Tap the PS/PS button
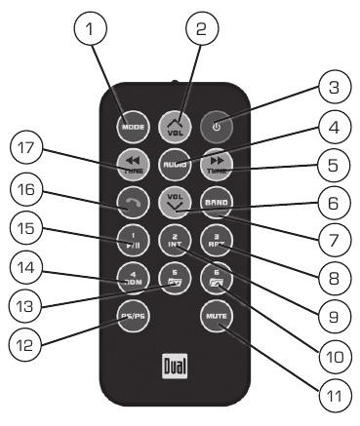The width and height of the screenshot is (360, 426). click(x=130, y=315)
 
